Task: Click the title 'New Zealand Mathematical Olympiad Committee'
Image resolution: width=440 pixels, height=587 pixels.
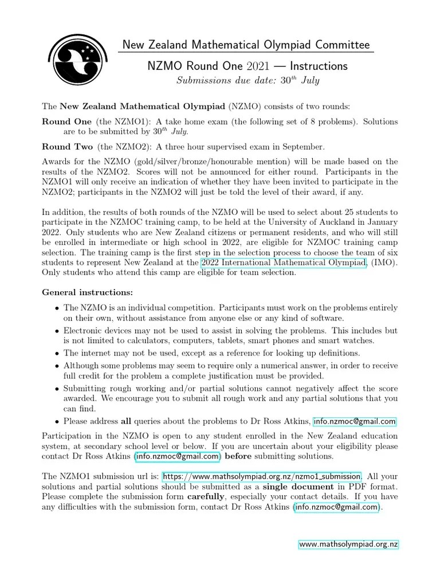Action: (x=246, y=45)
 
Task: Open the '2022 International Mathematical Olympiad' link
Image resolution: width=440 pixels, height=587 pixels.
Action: (x=284, y=263)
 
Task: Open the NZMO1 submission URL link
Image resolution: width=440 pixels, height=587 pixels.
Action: (x=262, y=476)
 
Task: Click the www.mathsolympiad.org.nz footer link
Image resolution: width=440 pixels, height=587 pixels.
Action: (x=348, y=544)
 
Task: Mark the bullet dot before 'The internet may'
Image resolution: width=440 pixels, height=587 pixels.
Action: (x=57, y=354)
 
